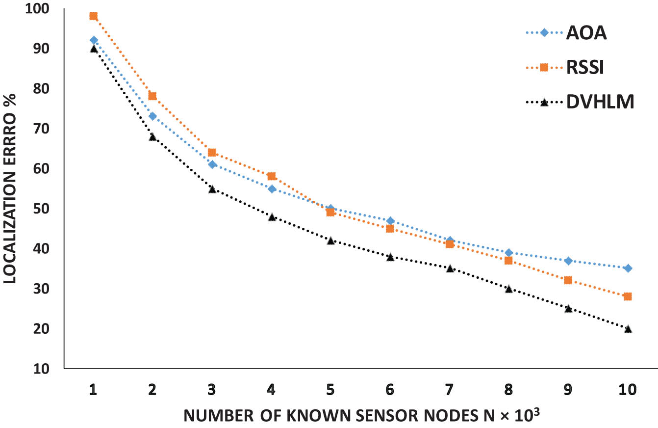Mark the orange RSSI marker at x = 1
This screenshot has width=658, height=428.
tap(94, 16)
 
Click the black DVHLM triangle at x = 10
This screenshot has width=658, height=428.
tap(628, 329)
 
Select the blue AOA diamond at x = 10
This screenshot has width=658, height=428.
tap(628, 268)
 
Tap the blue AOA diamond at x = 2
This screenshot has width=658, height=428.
tap(152, 116)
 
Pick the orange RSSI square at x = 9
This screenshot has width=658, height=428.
tap(568, 280)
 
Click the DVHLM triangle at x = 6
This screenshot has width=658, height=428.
tap(390, 257)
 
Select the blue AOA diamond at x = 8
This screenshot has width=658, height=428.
tap(509, 253)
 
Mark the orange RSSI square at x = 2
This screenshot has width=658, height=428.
tap(152, 96)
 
